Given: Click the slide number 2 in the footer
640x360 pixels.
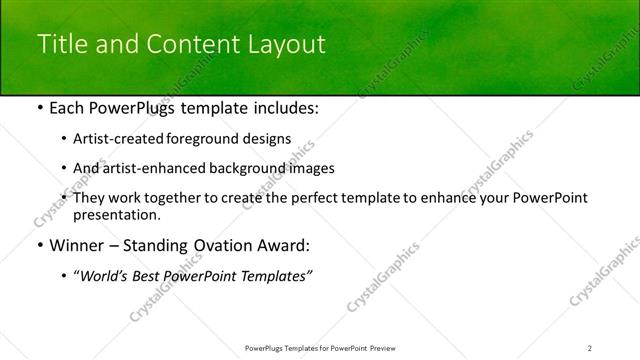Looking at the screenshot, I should tap(590, 347).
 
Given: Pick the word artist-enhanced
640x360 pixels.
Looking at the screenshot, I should tap(144, 168).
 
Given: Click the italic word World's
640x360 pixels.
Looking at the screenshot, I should tap(105, 275).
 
